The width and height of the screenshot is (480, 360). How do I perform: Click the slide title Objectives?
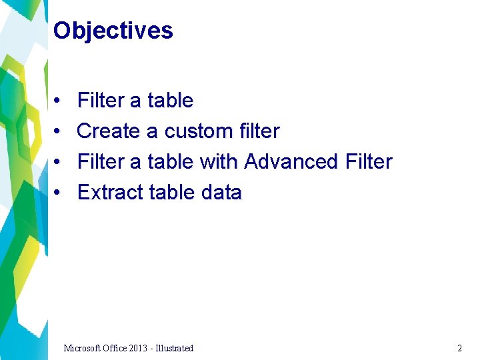(x=113, y=31)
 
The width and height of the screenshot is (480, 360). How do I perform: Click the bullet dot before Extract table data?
(x=59, y=193)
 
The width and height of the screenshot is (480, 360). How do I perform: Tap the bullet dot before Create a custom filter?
(x=59, y=131)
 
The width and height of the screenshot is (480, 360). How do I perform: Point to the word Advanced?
(x=291, y=162)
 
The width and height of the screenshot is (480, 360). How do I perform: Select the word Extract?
(x=110, y=193)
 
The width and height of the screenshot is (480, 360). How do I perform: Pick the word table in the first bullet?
(x=171, y=101)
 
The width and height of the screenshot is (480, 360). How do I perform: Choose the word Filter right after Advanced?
(x=369, y=162)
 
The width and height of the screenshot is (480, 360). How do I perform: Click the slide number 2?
(x=459, y=348)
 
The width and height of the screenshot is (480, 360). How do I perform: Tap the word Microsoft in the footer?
(x=83, y=348)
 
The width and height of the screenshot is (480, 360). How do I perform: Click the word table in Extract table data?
(x=172, y=193)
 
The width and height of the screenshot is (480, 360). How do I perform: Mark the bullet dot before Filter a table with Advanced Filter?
(x=59, y=162)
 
